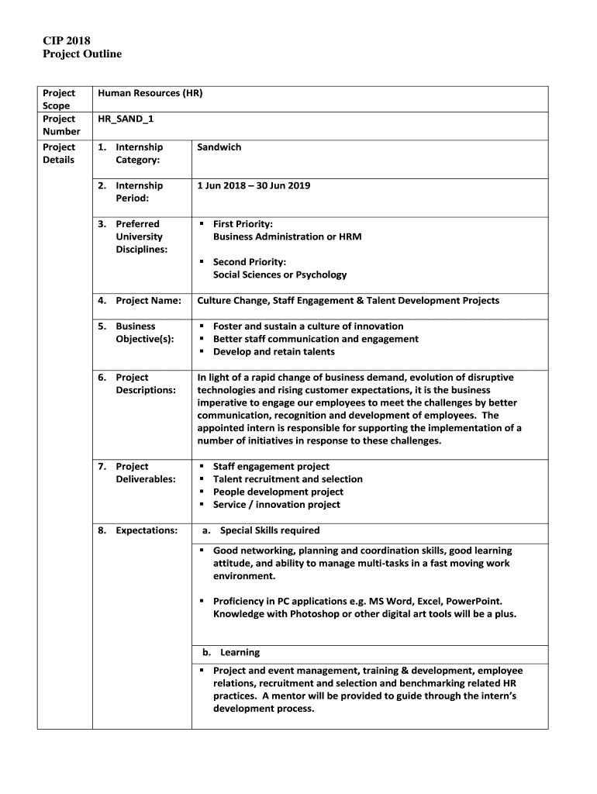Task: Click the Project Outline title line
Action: click(81, 54)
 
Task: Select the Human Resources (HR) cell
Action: click(150, 93)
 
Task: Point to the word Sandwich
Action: click(219, 147)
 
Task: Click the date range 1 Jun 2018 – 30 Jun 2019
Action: click(254, 185)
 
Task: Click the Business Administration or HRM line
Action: click(287, 236)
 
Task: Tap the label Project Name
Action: click(148, 300)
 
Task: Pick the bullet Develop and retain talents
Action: click(274, 351)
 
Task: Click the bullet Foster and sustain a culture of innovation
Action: click(308, 326)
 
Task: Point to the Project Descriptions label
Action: click(145, 384)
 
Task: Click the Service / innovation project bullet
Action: click(276, 505)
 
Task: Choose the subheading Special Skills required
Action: click(269, 530)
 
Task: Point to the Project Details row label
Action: click(59, 154)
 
